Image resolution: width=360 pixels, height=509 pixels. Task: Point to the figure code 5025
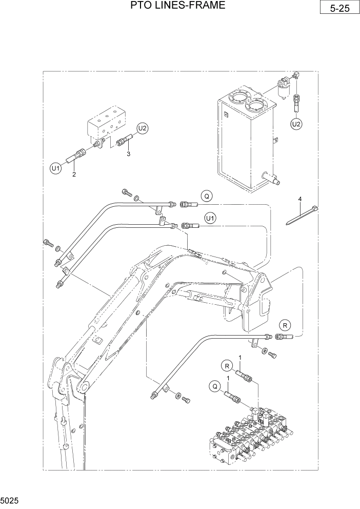point(10,499)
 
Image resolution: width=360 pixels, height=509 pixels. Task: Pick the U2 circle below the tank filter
point(296,124)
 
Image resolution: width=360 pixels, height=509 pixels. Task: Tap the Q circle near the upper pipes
point(206,195)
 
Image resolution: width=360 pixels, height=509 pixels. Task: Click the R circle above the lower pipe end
point(285,324)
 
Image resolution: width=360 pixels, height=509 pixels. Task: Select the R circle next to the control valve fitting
point(226,365)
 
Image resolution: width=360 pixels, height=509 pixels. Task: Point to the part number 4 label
point(301,198)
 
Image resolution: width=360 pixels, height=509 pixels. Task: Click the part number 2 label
point(74,175)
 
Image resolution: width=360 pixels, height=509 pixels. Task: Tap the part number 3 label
point(129,153)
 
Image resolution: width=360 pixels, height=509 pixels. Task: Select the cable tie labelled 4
point(303,215)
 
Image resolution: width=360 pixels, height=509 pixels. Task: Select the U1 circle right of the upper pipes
point(210,219)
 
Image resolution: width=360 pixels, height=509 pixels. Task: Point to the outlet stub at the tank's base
point(272,179)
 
